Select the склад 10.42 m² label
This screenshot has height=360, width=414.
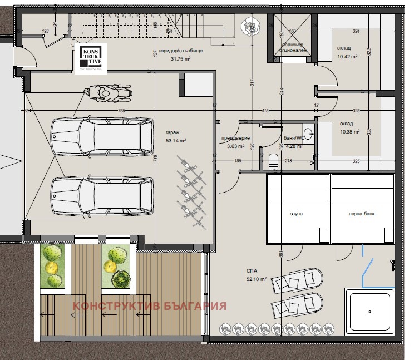(347, 52)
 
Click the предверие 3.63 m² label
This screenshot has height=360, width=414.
(234, 142)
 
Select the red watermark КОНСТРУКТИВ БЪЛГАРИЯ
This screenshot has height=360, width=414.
(150, 306)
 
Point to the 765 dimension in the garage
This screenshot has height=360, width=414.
(121, 111)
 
